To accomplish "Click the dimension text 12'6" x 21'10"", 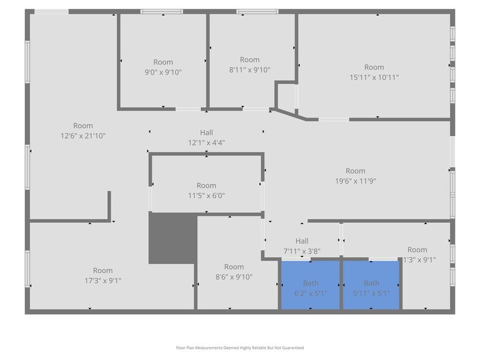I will tap(83, 136).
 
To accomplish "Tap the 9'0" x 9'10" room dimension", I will tap(163, 72).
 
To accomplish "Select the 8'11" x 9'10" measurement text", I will tap(250, 69).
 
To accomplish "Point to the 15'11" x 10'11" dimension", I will tap(374, 77).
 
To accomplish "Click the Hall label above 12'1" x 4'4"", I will tap(206, 132).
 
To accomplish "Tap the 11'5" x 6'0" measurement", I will tap(206, 196).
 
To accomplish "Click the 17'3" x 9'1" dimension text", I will tap(103, 280).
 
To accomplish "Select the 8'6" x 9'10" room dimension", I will tap(234, 277).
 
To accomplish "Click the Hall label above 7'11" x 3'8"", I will tap(302, 241).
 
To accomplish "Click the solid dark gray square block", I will tap(173, 238).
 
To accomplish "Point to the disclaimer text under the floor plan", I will tap(239, 347).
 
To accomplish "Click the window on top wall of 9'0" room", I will tap(162, 12).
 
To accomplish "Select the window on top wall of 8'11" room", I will tap(257, 12).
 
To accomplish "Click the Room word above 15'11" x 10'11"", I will tap(374, 67).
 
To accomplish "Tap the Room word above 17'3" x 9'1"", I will tap(103, 271).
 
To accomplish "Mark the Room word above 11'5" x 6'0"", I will tap(206, 186).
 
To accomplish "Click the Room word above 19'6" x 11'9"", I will tap(355, 171).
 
